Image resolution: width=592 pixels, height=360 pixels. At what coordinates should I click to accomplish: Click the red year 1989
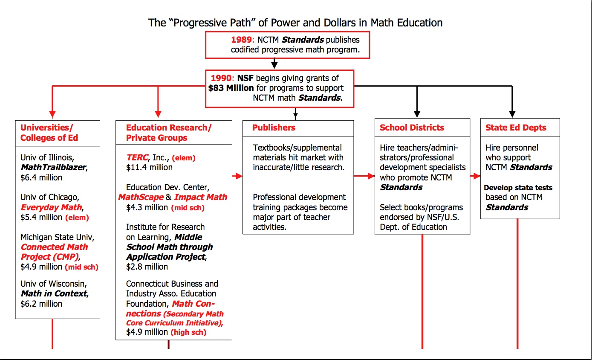coord(241,40)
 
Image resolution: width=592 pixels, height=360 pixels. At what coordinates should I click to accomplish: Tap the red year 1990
coord(221,78)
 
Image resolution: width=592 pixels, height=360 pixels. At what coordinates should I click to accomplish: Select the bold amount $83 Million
coord(231,88)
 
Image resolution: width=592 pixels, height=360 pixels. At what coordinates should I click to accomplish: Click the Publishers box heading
coord(274,128)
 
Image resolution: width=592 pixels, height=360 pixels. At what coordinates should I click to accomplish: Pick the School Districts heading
coord(412,128)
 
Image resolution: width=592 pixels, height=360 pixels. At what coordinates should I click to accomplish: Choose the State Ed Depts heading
coord(516,128)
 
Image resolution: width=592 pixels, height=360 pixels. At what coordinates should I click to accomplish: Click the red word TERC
coord(137,157)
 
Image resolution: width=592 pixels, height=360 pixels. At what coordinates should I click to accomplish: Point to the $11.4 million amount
coord(149,168)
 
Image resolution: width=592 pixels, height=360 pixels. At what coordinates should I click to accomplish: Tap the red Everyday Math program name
coord(51,207)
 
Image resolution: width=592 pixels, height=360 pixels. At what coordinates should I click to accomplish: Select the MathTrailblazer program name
coord(53,168)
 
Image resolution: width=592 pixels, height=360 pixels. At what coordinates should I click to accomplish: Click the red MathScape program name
coord(141,197)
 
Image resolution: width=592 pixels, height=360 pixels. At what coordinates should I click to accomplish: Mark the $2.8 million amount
coord(147,267)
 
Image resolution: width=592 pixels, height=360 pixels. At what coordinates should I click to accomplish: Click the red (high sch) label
coord(188,332)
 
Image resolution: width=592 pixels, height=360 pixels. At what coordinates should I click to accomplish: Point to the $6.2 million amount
coord(41,304)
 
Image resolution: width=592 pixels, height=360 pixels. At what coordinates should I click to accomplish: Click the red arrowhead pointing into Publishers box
coord(239,176)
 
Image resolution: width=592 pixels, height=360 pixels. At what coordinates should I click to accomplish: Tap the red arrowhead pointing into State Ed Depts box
coord(477,176)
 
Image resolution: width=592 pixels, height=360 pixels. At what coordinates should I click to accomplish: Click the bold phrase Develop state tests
coord(518,188)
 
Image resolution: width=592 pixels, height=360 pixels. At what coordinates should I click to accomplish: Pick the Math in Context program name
coord(54,293)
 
